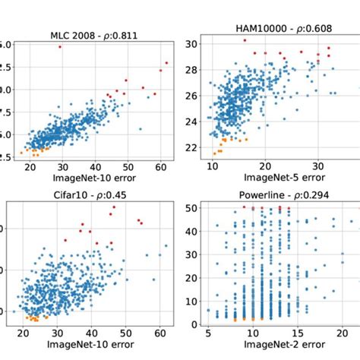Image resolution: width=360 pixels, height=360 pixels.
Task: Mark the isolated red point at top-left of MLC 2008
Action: tap(60, 47)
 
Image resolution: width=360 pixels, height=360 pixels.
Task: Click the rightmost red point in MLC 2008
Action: tap(166, 63)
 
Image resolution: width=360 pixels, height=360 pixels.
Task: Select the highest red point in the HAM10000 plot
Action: tap(245, 40)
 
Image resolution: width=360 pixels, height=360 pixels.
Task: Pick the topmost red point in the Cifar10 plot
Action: tap(112, 207)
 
